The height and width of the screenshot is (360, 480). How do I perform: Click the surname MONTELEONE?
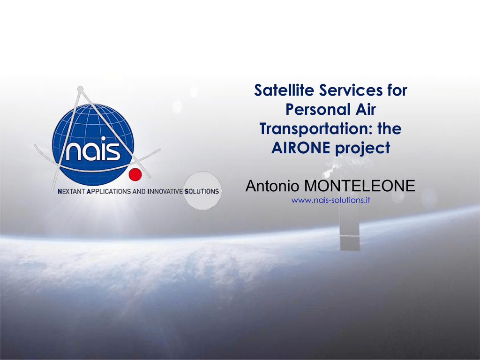click(360, 186)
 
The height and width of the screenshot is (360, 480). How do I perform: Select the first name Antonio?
click(272, 186)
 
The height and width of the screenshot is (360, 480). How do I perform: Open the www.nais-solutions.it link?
click(330, 200)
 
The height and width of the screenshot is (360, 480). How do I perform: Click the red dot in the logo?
click(135, 175)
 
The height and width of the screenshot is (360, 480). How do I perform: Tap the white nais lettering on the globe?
click(93, 150)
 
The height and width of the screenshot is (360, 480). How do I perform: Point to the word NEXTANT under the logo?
click(71, 192)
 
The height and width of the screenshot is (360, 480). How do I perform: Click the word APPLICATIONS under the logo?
click(109, 192)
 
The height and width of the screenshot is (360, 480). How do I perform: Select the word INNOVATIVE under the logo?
click(165, 192)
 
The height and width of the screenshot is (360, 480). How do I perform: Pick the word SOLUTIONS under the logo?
click(202, 192)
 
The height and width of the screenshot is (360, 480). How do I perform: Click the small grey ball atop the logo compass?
click(80, 89)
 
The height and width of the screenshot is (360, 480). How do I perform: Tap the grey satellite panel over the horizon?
click(350, 243)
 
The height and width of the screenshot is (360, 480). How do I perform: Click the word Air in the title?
click(366, 109)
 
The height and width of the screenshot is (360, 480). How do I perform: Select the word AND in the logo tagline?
click(139, 192)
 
